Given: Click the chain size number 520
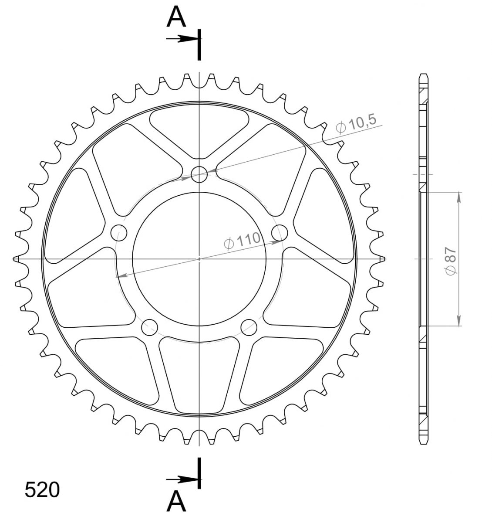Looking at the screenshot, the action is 42,490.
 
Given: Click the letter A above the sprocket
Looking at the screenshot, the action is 176,17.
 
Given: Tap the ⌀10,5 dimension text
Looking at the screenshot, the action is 356,123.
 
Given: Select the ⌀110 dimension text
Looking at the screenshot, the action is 242,241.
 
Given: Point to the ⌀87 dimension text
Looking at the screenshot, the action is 451,261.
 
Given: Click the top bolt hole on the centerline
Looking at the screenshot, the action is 199,174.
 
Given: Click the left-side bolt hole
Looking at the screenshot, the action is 119,233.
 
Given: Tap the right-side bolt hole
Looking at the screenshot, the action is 280,233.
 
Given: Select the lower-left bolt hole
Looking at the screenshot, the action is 149,327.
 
